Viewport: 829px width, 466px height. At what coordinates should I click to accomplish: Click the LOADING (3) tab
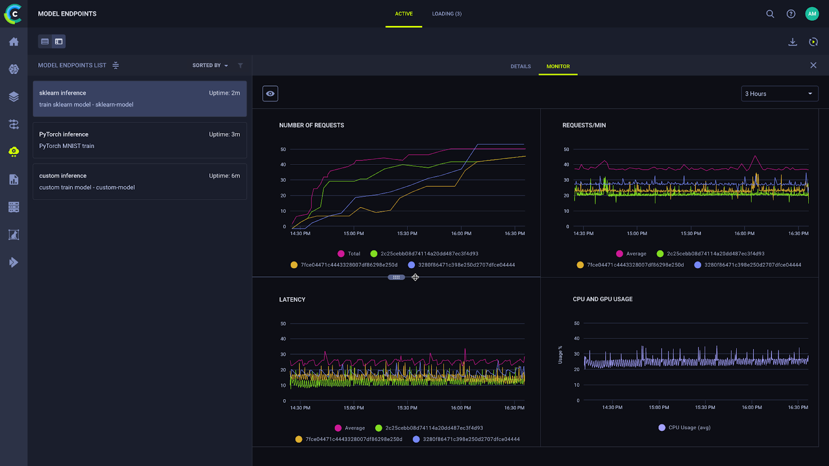pos(447,14)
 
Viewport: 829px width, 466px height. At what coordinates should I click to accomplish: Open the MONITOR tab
pos(558,66)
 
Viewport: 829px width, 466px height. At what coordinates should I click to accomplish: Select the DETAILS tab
pos(520,66)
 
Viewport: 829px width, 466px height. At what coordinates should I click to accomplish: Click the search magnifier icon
pos(770,14)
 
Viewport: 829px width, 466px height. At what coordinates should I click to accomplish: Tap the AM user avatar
pos(812,14)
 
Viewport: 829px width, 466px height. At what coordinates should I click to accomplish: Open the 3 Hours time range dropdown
pos(779,94)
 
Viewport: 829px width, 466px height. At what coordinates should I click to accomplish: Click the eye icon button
pos(270,94)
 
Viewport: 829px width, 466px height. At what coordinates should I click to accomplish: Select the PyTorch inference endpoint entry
pos(139,140)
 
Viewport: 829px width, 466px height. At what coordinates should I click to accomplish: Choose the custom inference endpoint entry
pos(139,182)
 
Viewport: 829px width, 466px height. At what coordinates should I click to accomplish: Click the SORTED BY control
pos(210,65)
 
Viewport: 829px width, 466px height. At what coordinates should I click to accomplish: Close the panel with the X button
pos(813,65)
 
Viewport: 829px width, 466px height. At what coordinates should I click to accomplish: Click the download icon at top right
pos(792,42)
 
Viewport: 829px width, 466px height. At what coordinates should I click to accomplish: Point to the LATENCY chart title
pos(292,299)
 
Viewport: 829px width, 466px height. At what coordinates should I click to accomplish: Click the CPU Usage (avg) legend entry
pos(684,428)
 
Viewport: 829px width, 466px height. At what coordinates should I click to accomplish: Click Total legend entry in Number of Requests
pos(349,254)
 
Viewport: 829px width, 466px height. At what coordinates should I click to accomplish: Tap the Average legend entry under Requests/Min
pos(632,254)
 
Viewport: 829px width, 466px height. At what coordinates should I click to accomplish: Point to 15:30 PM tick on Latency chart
pos(407,408)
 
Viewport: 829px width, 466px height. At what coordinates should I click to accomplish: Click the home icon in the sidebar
pos(14,42)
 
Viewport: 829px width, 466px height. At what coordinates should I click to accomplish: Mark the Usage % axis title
pos(560,355)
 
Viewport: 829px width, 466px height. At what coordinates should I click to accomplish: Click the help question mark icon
pos(791,14)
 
